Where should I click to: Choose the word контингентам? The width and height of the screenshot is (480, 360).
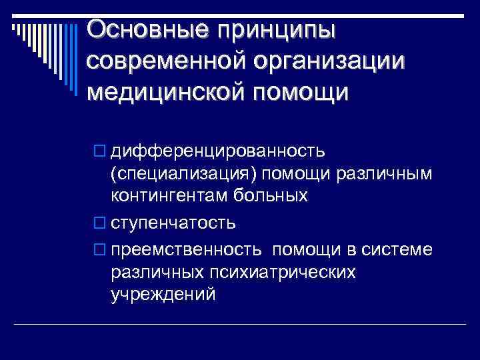(171, 196)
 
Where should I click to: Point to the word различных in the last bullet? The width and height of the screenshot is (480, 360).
(158, 272)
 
